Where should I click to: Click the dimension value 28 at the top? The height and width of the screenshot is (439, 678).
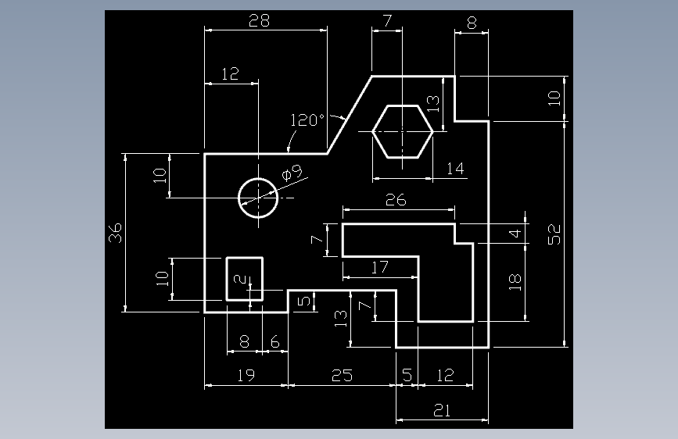click(259, 20)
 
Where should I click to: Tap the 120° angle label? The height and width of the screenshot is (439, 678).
click(307, 120)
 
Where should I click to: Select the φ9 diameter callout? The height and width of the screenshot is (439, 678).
click(292, 173)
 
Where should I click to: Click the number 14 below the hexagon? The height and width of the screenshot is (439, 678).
click(455, 168)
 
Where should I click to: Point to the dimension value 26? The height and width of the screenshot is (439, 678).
click(396, 200)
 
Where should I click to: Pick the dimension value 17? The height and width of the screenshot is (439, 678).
click(379, 267)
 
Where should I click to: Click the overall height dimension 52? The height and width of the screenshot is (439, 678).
click(554, 234)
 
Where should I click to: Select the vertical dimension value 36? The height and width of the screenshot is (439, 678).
click(115, 233)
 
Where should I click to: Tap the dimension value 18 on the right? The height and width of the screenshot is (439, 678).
click(515, 282)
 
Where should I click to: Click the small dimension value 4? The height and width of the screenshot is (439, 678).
click(515, 234)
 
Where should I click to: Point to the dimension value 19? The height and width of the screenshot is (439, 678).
click(246, 375)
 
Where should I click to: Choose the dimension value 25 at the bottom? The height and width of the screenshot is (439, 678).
click(342, 375)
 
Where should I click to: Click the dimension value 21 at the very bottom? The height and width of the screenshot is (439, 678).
click(442, 410)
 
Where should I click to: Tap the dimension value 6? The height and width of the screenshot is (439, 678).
click(275, 342)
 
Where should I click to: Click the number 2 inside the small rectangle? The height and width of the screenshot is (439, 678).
click(239, 279)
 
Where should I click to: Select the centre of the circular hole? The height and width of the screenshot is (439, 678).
click(258, 198)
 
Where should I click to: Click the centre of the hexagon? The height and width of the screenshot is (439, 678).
click(403, 131)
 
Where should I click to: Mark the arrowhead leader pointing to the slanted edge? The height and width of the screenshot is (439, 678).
click(338, 116)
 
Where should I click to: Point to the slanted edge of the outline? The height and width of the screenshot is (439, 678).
click(350, 115)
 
